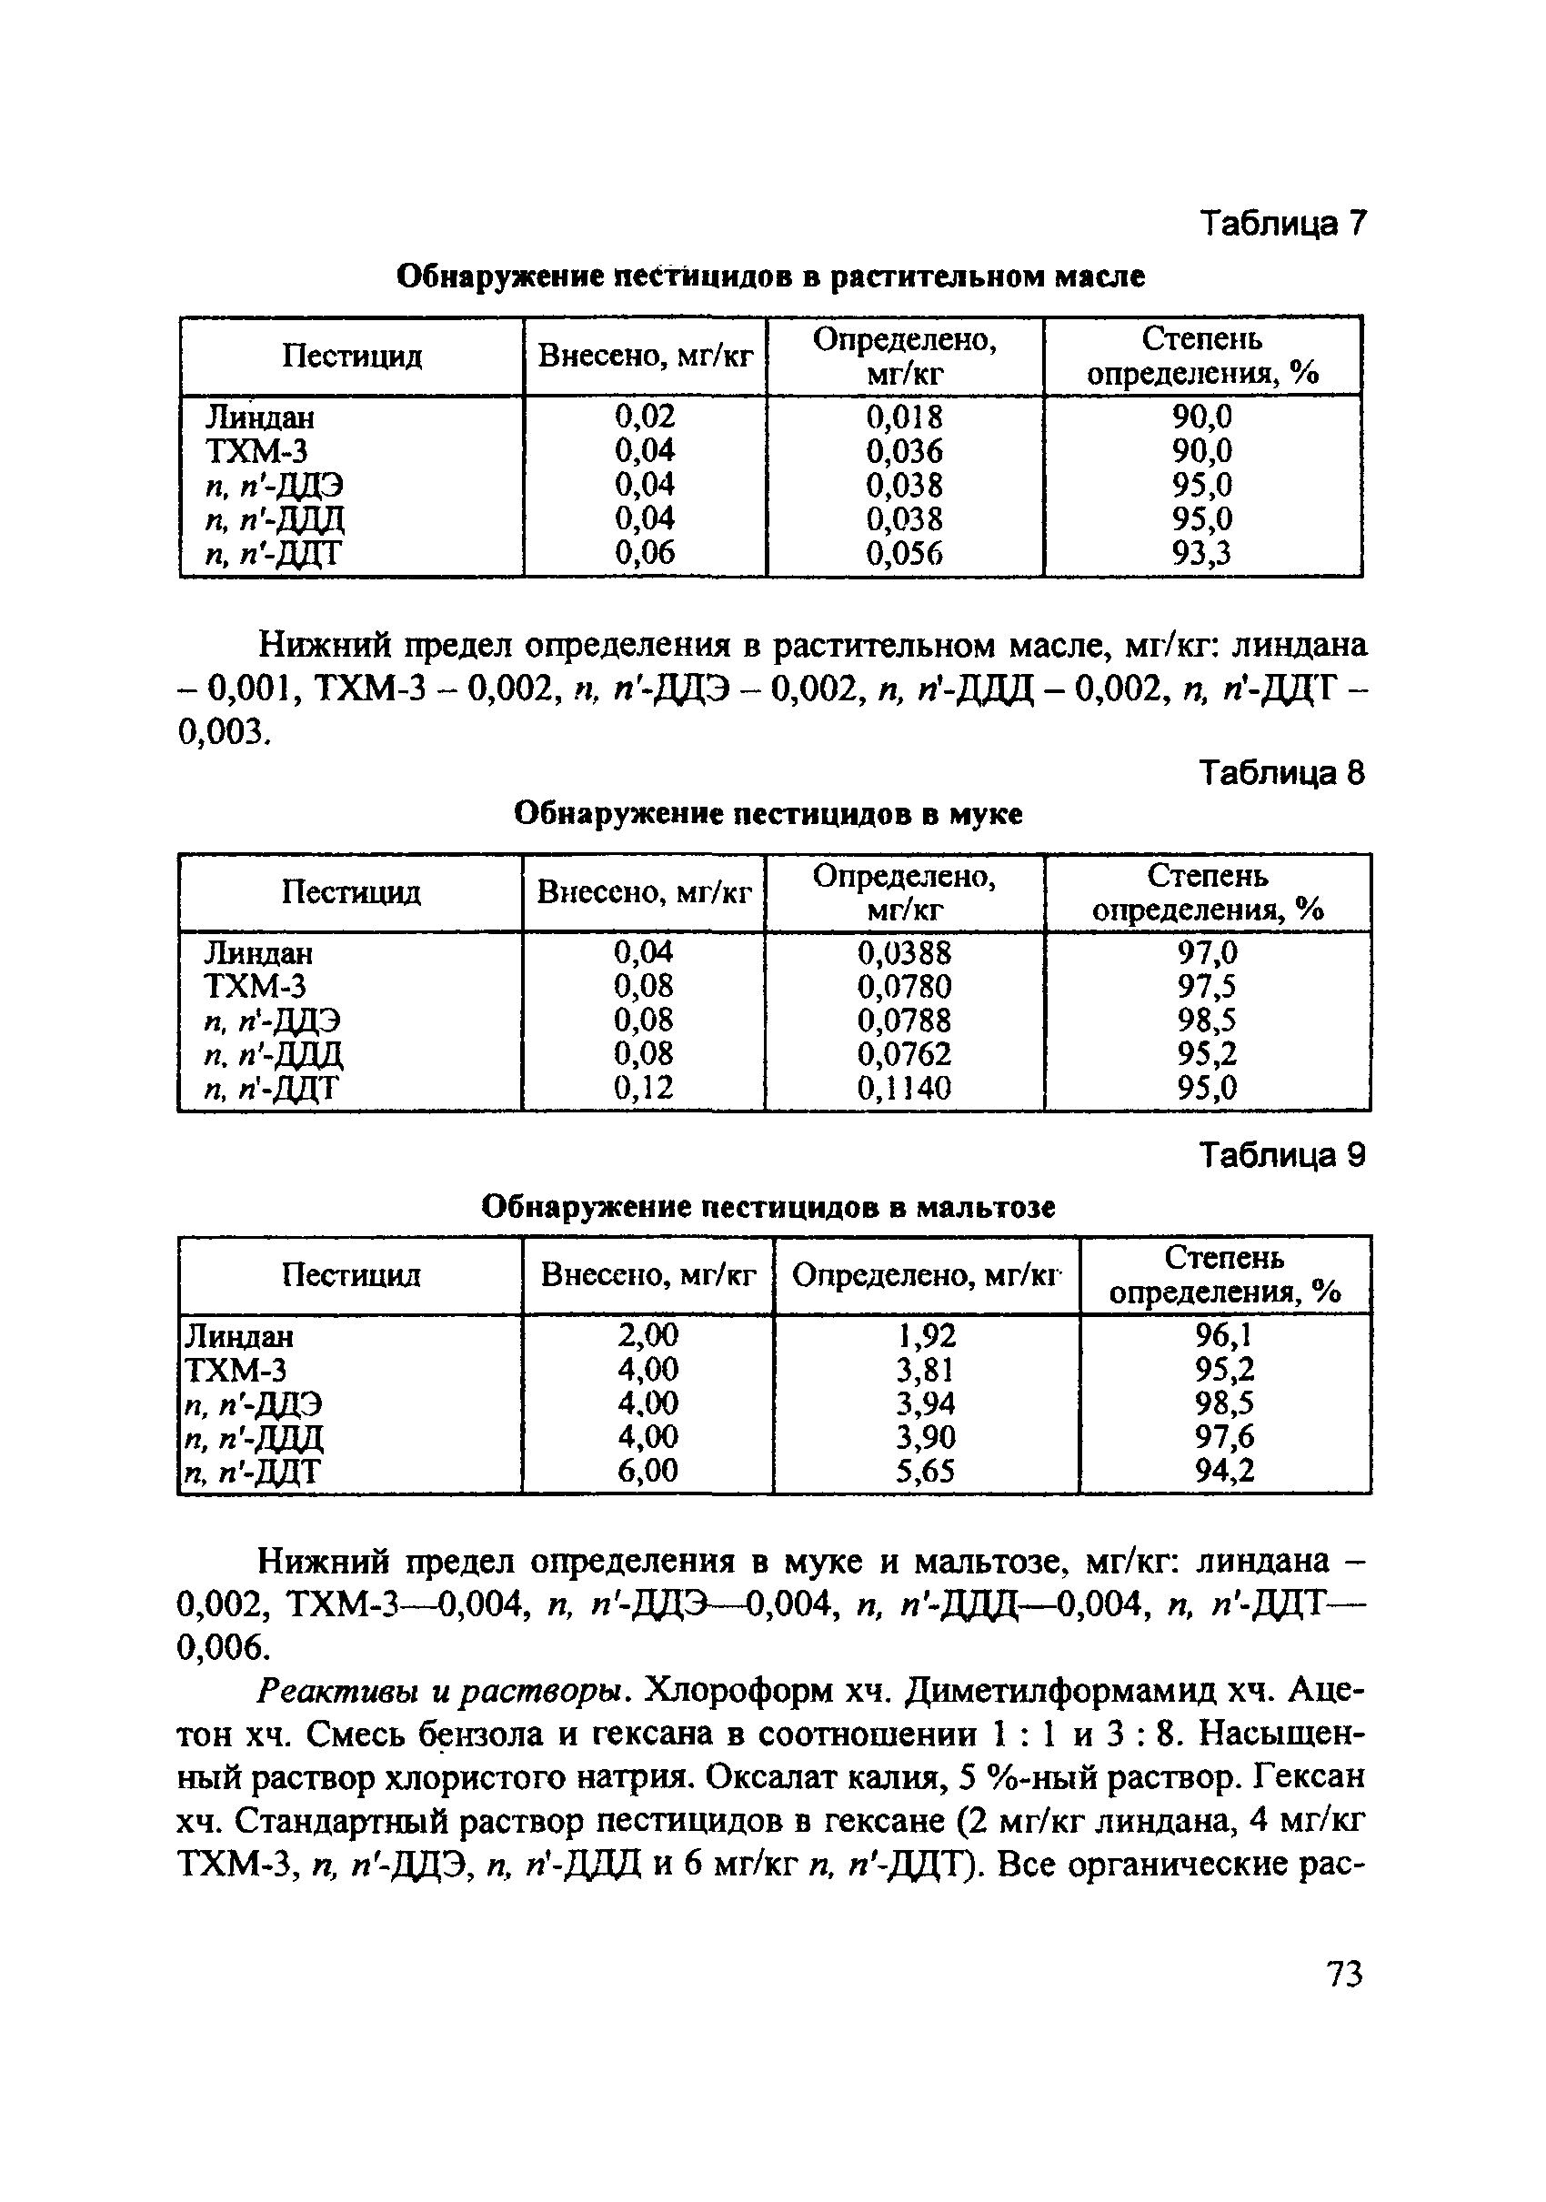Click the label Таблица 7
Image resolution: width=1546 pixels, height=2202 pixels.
(x=1281, y=224)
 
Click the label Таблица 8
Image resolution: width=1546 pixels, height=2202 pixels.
(x=1281, y=772)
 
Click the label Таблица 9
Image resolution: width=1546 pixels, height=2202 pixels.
(x=1281, y=1156)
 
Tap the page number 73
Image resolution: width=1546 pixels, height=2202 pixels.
(x=1343, y=1976)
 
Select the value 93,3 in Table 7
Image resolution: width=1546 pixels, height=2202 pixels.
(x=1201, y=553)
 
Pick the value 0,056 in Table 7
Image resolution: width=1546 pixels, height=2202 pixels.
(x=904, y=553)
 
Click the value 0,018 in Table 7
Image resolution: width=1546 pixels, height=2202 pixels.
(x=904, y=417)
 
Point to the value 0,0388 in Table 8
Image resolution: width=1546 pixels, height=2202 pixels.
(x=904, y=952)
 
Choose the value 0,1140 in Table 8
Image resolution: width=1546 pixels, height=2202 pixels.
(x=904, y=1088)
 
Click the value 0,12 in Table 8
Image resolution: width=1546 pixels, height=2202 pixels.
(x=644, y=1088)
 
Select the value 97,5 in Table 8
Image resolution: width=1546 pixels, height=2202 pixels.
(x=1208, y=986)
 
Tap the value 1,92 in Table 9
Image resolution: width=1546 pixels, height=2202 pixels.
(x=926, y=1336)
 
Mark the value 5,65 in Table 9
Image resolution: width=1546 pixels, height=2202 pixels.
(x=926, y=1470)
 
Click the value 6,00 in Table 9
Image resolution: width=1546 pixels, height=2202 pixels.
(x=648, y=1470)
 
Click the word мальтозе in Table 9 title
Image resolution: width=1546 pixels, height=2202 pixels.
(x=985, y=1206)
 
